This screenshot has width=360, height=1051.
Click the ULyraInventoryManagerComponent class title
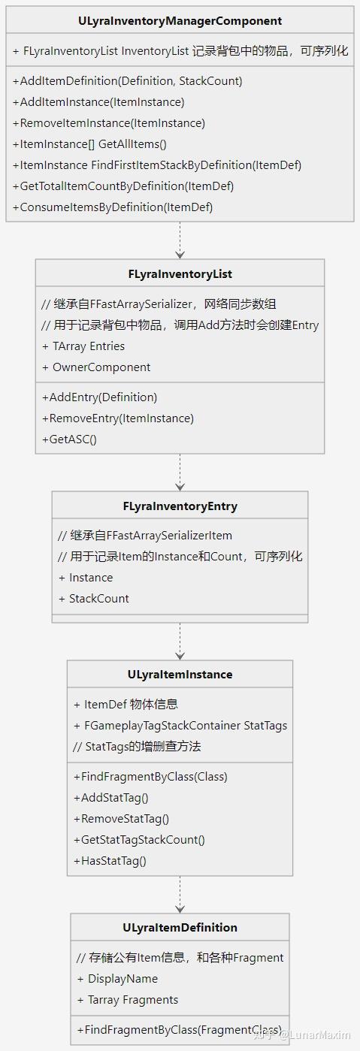[x=180, y=21]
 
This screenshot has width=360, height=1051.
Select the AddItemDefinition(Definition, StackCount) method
[x=127, y=80]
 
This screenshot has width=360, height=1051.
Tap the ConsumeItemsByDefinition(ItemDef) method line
[x=113, y=207]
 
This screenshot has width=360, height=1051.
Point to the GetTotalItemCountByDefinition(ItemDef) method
[x=123, y=186]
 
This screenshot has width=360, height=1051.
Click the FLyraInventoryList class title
[x=180, y=274]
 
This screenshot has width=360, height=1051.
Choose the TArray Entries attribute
[x=83, y=346]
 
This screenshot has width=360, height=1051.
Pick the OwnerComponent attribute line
[x=96, y=367]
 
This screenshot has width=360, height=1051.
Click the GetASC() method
[x=69, y=439]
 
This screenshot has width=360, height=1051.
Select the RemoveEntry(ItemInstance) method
[x=118, y=418]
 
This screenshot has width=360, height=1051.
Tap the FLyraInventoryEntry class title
[x=180, y=506]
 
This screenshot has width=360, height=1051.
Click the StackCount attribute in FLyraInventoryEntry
[x=94, y=599]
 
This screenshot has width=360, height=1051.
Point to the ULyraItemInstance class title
[x=180, y=675]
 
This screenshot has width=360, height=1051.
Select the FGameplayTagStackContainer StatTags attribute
[x=180, y=726]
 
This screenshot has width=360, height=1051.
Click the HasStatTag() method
[x=110, y=861]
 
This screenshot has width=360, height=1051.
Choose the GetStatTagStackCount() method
[x=139, y=840]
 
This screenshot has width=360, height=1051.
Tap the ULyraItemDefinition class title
[x=180, y=928]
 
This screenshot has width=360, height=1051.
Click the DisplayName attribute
[x=117, y=979]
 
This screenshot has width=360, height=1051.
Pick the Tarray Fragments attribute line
[x=128, y=1000]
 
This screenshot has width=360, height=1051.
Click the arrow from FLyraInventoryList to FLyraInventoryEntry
[x=180, y=473]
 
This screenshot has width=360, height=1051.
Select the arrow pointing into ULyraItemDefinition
[x=180, y=895]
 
